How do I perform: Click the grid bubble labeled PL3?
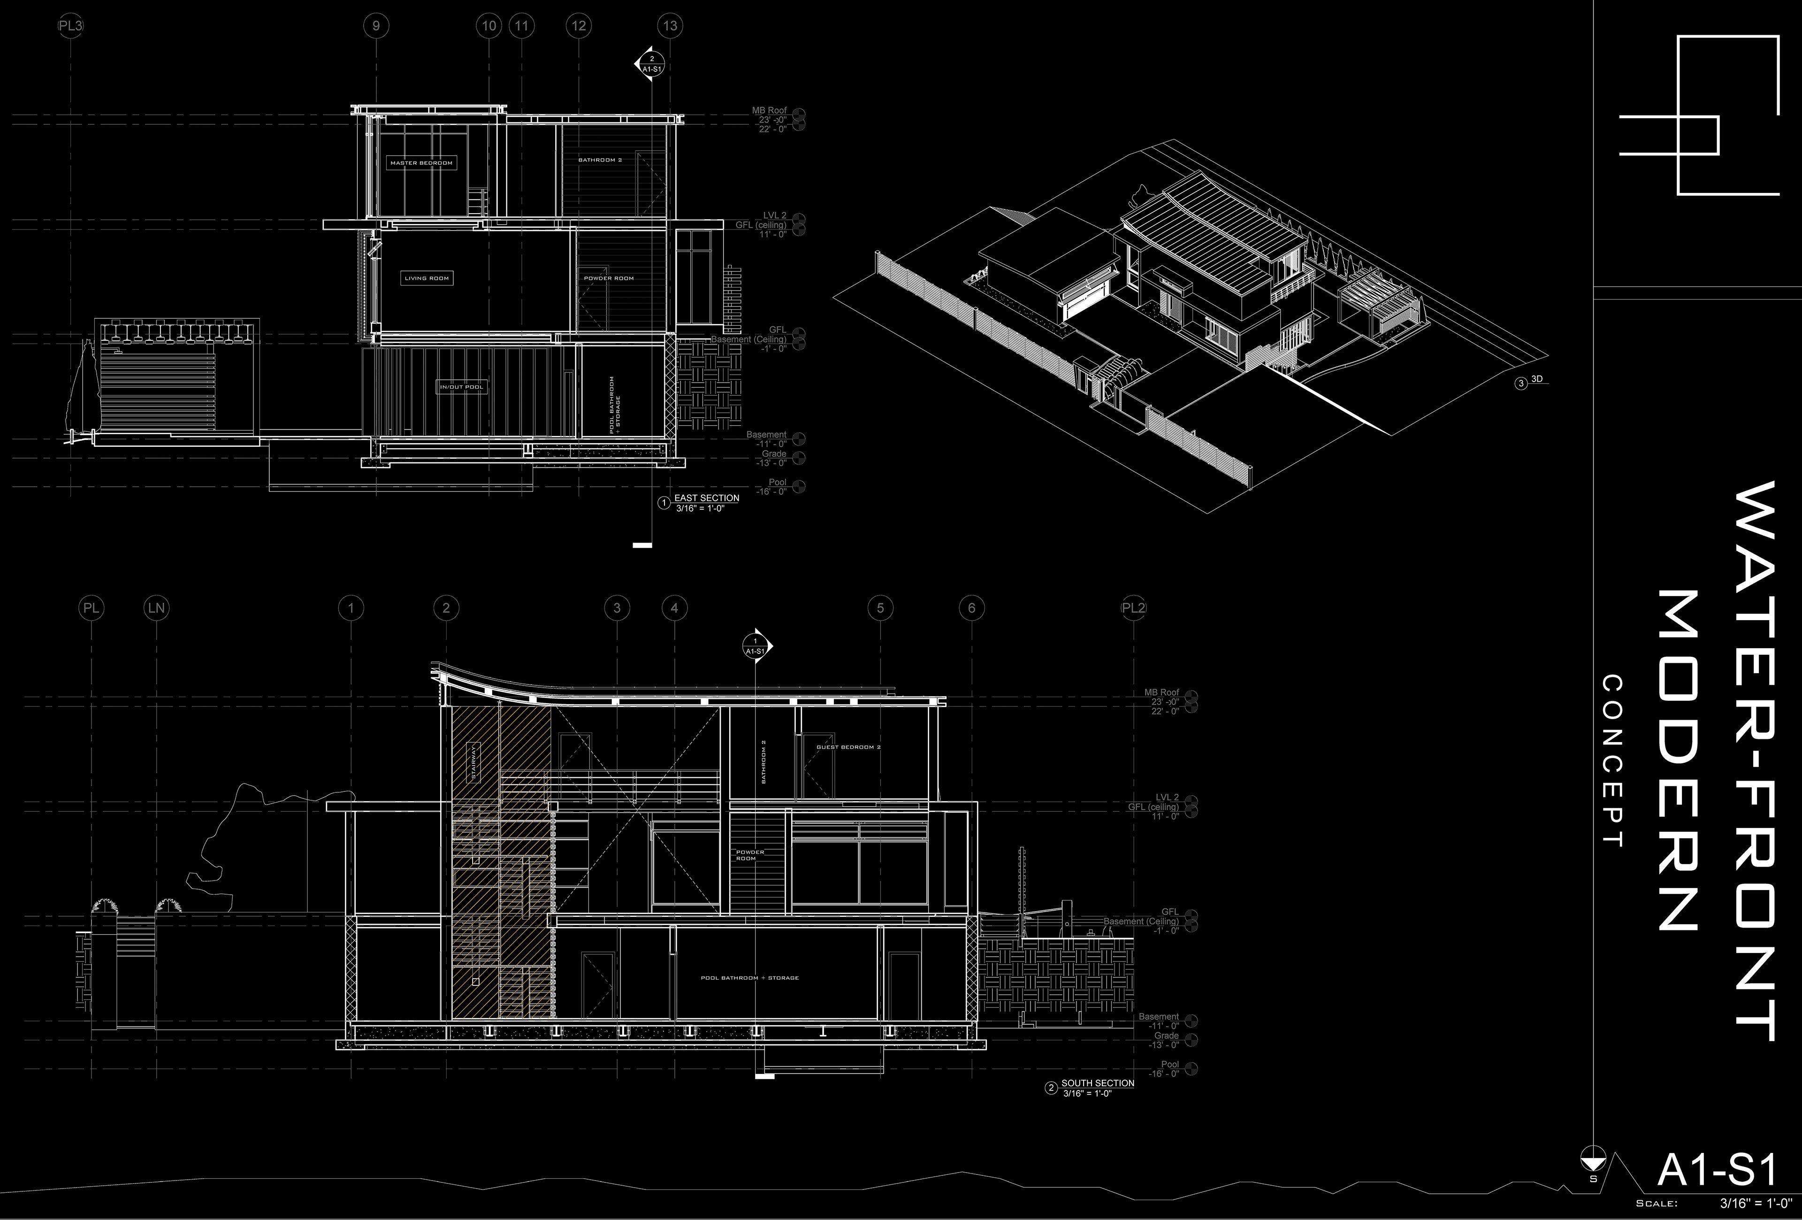click(70, 26)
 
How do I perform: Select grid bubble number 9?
click(376, 26)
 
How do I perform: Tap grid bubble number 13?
click(670, 26)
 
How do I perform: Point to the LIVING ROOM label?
click(427, 278)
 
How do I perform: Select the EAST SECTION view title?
click(706, 498)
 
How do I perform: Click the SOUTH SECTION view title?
click(1097, 1083)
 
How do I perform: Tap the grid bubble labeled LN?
click(157, 608)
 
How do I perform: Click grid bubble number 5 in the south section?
click(880, 608)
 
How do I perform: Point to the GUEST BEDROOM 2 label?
click(848, 747)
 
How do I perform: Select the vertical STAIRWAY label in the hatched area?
click(474, 762)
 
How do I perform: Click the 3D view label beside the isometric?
click(1537, 379)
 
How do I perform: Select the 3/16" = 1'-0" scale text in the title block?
click(1756, 1204)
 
